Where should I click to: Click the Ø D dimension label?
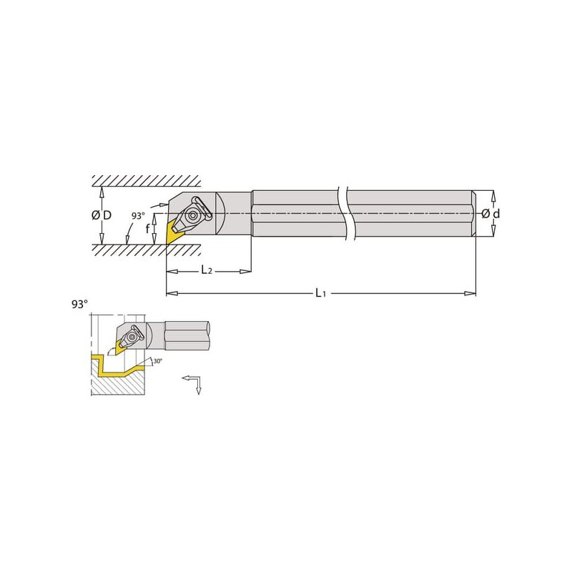pyautogui.click(x=102, y=215)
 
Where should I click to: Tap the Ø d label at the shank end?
pyautogui.click(x=490, y=214)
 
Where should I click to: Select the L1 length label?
pyautogui.click(x=320, y=292)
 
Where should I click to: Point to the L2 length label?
pyautogui.click(x=207, y=270)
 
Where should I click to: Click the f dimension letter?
pyautogui.click(x=147, y=228)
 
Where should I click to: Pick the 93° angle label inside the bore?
pyautogui.click(x=138, y=216)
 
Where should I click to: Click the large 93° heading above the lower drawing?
pyautogui.click(x=80, y=305)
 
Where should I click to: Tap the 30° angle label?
pyautogui.click(x=157, y=361)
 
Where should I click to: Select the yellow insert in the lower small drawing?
pyautogui.click(x=120, y=347)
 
